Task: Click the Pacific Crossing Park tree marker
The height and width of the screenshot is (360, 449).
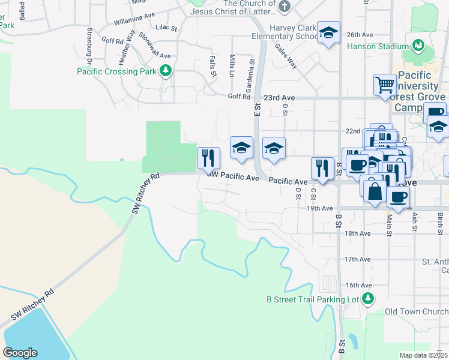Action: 166,71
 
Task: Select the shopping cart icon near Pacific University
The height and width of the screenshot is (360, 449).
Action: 384,85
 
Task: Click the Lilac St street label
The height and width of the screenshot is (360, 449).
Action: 166,28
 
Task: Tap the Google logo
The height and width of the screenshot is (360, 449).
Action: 20,352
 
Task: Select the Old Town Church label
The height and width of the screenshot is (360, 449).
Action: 417,312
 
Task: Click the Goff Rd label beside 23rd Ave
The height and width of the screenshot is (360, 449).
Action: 238,97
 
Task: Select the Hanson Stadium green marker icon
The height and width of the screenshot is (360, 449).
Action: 418,45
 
